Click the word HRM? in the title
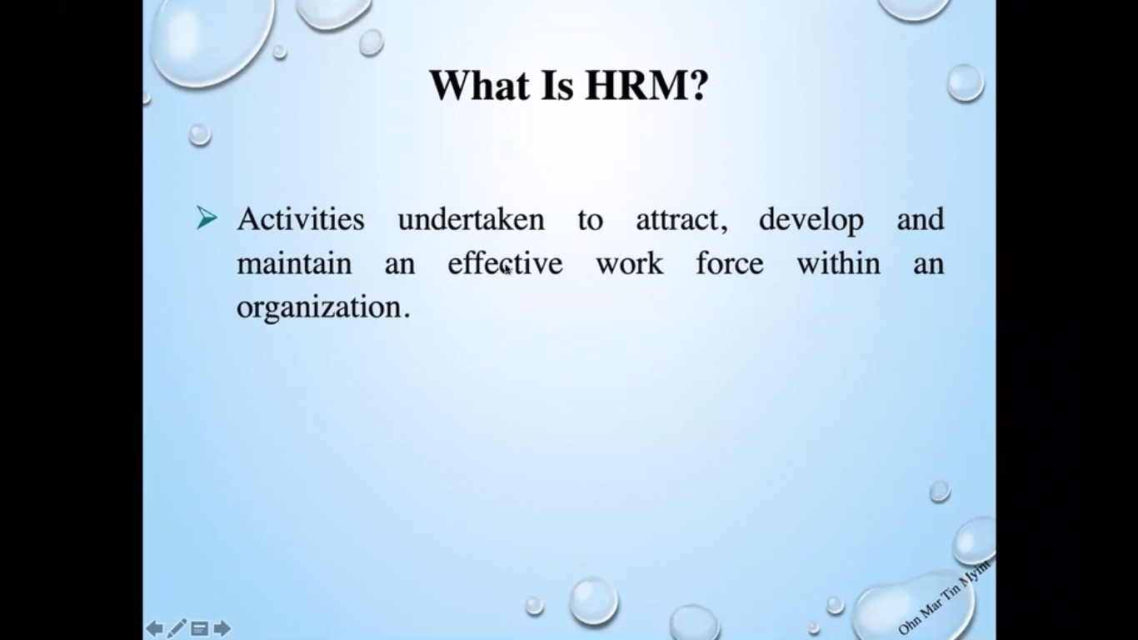(646, 85)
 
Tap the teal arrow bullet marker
(207, 218)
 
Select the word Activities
(301, 219)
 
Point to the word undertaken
(471, 219)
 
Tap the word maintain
(294, 264)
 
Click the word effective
(505, 262)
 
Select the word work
(630, 264)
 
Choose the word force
(730, 262)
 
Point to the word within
(838, 262)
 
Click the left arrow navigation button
(154, 629)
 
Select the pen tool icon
(177, 629)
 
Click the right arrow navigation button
(222, 629)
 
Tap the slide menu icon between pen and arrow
(200, 629)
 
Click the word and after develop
(920, 219)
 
